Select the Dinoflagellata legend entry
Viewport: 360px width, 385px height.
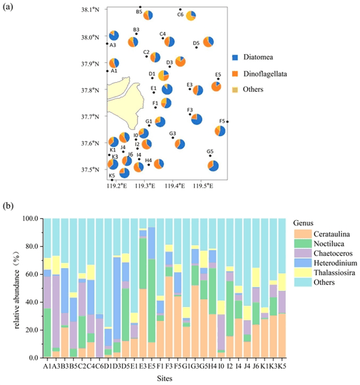pos(259,74)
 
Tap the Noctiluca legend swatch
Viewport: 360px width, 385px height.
pos(303,243)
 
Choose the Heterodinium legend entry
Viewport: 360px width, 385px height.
pos(326,263)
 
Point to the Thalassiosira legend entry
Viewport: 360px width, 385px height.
pos(325,272)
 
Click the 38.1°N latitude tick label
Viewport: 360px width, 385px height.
pos(90,10)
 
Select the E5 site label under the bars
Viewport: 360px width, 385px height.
pos(152,366)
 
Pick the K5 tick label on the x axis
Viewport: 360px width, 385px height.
pos(282,366)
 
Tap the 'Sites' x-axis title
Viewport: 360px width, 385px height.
pos(164,378)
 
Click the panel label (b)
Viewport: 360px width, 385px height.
pos(8,206)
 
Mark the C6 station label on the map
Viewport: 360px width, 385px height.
pos(181,14)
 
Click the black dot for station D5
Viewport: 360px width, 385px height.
pos(196,47)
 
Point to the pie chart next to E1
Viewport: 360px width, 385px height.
pos(167,89)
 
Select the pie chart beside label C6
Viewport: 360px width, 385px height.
pos(191,16)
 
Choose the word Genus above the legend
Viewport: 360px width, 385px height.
pos(303,223)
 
